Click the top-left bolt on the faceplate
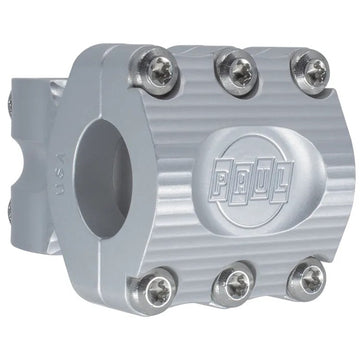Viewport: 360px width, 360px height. coord(160,70)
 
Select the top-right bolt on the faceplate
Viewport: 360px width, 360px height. coord(310,71)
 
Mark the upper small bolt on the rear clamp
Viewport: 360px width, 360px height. coord(12,104)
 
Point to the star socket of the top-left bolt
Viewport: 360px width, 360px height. coord(161,70)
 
